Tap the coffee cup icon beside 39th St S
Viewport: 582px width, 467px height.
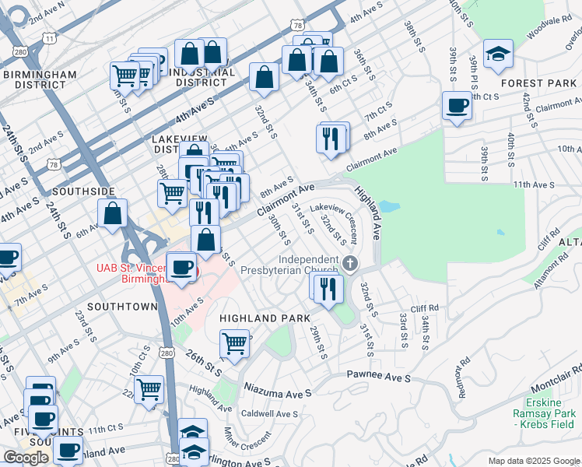point(457,106)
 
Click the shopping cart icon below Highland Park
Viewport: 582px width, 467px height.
point(234,343)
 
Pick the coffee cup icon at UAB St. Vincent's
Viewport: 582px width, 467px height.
point(182,267)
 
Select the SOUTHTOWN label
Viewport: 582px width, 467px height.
point(122,307)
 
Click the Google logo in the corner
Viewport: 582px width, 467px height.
point(26,458)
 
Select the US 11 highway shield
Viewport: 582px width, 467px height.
point(50,37)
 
